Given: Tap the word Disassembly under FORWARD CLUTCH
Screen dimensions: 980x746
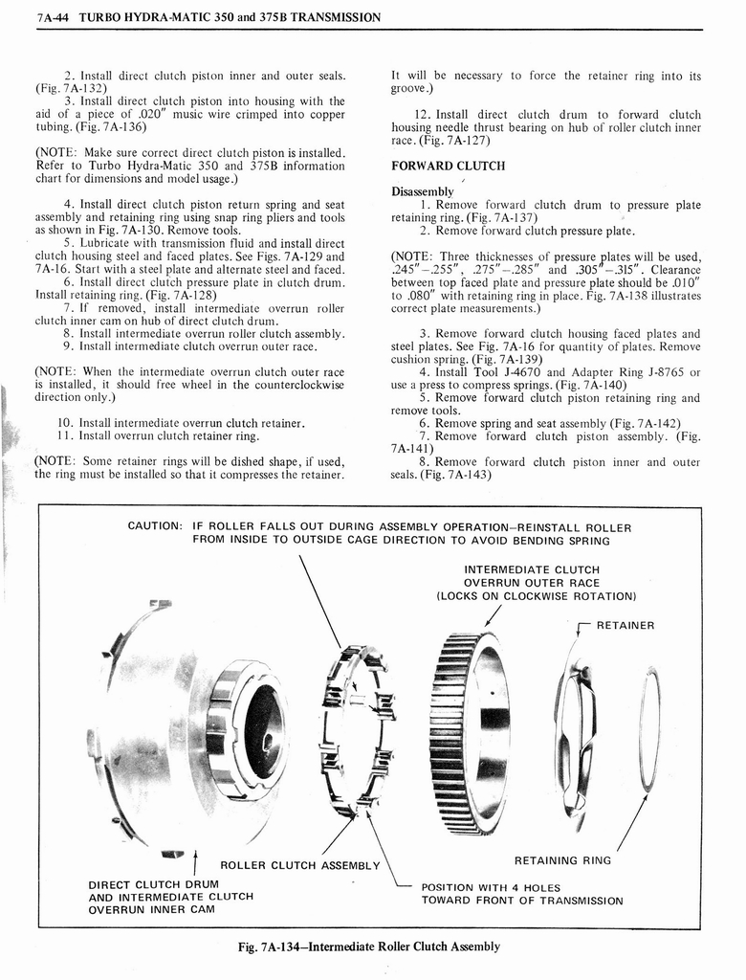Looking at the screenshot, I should pos(423,191).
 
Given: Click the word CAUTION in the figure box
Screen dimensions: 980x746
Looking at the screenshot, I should pos(154,526).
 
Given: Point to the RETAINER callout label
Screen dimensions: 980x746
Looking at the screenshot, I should pos(625,626).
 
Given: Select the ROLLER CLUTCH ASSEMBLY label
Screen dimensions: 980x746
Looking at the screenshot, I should pos(299,865).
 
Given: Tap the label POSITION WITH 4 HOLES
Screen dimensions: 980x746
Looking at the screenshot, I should pos(491,887).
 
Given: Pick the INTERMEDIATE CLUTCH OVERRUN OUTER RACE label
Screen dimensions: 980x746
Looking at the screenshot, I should pos(532,583).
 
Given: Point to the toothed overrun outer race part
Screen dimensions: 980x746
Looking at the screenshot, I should pos(469,732).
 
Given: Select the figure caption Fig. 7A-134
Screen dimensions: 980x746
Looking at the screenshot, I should pos(368,947).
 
